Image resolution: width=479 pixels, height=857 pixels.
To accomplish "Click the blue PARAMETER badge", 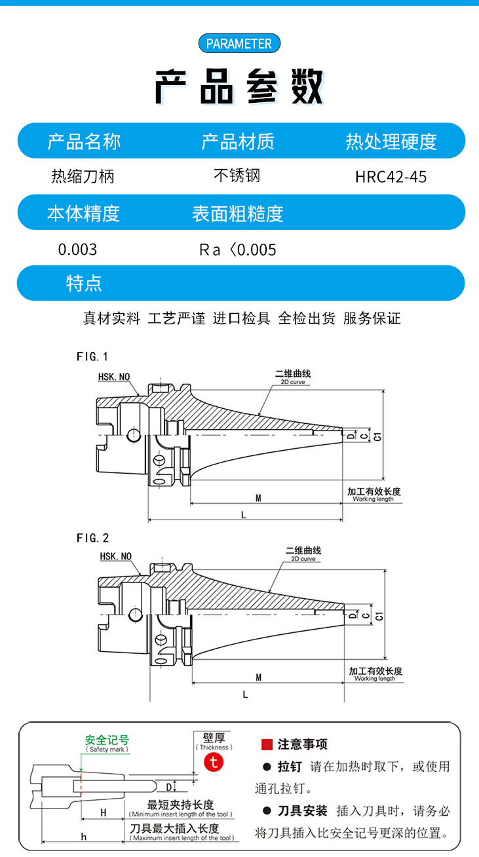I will click(x=239, y=44).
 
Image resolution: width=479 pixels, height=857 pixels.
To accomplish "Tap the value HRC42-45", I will click(x=391, y=177).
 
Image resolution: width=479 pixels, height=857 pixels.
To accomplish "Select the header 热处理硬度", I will click(x=391, y=141).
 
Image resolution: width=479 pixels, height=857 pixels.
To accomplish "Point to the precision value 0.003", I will click(x=77, y=250).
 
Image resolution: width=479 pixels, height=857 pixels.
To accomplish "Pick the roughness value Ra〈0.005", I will click(x=237, y=250).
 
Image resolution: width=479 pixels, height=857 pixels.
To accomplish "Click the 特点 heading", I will click(x=84, y=283).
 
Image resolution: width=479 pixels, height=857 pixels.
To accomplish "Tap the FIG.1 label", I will click(x=92, y=356).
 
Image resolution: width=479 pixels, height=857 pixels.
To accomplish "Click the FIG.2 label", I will click(x=92, y=538).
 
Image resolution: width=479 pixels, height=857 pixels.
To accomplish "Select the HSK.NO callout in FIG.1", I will click(x=114, y=377).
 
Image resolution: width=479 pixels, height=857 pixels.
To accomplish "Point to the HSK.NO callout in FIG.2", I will click(x=115, y=556).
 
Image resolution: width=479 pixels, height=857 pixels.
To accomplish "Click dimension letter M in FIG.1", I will click(x=259, y=498).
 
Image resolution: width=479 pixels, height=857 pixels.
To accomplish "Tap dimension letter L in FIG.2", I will click(x=245, y=695).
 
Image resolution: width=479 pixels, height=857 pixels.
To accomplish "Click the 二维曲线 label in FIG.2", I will click(x=303, y=551).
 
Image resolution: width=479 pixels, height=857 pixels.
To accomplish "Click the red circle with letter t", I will click(x=214, y=761).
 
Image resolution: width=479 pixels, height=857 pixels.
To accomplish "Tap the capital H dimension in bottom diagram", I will click(x=103, y=812).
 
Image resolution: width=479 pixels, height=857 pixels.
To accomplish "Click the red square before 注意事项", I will click(x=267, y=744).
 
